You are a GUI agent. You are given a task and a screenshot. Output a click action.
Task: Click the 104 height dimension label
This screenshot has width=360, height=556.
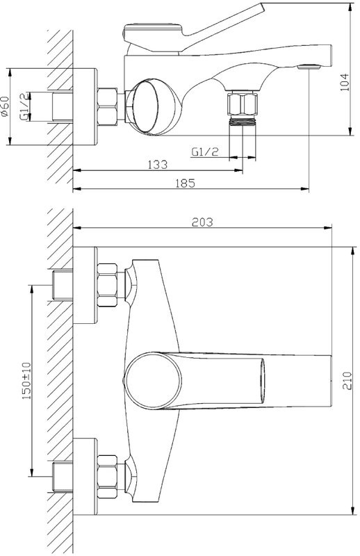pyautogui.click(x=345, y=82)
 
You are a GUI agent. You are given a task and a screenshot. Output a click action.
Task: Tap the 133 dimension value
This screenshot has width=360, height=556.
pyautogui.click(x=158, y=165)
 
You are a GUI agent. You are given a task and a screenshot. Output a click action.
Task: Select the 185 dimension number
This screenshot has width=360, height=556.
pyautogui.click(x=186, y=183)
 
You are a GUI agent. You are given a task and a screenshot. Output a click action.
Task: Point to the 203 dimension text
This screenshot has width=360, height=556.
pyautogui.click(x=202, y=222)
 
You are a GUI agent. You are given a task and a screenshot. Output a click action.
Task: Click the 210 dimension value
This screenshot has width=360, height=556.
pyautogui.click(x=347, y=380)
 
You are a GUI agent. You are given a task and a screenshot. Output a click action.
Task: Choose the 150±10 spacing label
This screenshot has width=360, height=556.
pyautogui.click(x=26, y=381)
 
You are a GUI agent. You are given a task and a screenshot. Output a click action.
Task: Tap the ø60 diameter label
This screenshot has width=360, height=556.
pyautogui.click(x=5, y=106)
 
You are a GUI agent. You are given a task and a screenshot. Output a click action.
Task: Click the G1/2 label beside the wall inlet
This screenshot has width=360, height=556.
pyautogui.click(x=24, y=107)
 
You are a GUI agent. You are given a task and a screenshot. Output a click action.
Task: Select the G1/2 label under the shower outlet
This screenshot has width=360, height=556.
pyautogui.click(x=205, y=152)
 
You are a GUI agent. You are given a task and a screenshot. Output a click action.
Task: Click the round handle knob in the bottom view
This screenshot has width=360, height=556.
pyautogui.click(x=154, y=381)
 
